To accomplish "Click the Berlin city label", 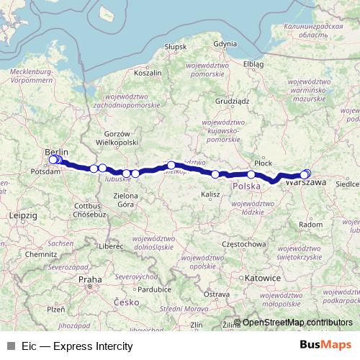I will [56, 152].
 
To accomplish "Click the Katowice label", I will [262, 277].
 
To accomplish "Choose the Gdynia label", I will [225, 44].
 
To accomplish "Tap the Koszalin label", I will [148, 73].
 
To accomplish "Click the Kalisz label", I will [210, 194].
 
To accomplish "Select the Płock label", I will [264, 163].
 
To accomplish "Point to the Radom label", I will [310, 225].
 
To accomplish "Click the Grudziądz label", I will [231, 102].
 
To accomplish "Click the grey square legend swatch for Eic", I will [10, 346].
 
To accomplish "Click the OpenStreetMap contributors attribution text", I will [297, 323].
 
